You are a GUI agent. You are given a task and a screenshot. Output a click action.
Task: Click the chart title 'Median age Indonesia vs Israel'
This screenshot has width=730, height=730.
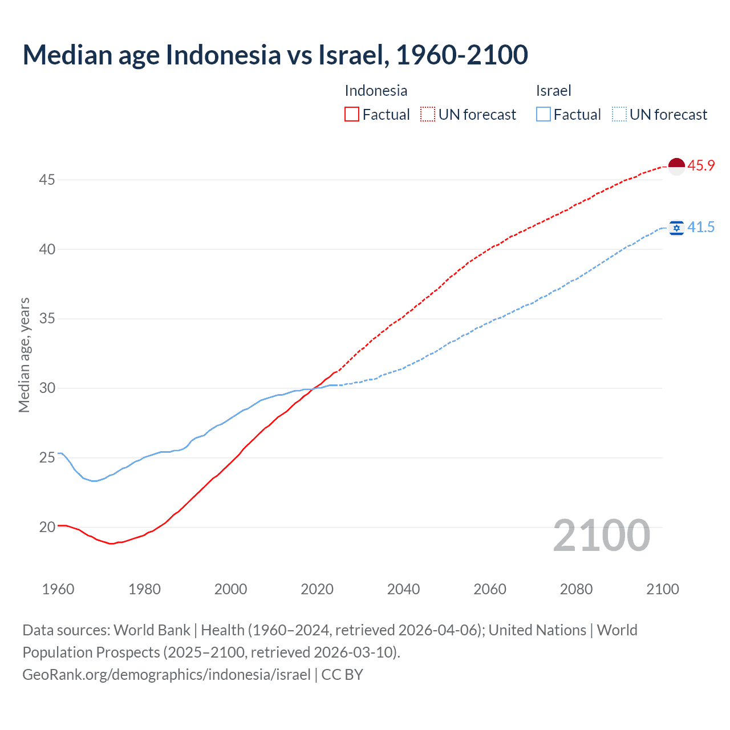275,55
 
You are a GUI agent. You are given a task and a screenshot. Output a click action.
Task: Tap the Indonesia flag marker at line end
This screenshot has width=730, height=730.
676,166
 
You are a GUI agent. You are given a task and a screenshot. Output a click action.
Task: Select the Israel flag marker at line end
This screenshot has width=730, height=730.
676,228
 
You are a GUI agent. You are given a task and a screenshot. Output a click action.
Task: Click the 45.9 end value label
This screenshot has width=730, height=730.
701,166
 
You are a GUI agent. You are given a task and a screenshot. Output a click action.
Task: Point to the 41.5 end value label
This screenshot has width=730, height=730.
701,228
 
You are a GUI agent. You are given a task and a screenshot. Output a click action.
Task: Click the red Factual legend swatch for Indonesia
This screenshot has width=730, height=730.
352,115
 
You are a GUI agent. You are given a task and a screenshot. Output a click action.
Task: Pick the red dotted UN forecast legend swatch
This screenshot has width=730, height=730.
428,115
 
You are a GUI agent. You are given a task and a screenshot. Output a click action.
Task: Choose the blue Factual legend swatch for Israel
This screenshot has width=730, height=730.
544,115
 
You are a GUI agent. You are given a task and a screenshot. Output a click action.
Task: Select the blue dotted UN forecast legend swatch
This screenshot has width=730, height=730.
619,115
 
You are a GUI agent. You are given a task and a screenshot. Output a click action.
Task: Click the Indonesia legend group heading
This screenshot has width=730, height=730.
376,91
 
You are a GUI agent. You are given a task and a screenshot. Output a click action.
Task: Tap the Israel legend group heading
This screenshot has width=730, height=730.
553,91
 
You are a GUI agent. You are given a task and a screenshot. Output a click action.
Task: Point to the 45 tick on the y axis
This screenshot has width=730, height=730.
47,180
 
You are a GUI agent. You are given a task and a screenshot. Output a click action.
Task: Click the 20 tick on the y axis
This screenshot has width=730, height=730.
47,527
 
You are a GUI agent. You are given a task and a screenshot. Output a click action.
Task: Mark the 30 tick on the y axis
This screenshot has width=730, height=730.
47,388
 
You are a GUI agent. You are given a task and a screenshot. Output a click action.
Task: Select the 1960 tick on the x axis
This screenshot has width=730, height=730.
58,589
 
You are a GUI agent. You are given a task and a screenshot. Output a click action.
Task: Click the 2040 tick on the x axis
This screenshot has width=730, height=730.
403,589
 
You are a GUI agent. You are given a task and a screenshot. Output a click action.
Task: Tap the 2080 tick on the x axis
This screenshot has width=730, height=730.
576,589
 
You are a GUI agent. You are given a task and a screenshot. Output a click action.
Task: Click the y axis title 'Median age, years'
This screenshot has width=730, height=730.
24,355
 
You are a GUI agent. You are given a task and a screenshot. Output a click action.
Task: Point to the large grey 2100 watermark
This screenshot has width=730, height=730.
601,536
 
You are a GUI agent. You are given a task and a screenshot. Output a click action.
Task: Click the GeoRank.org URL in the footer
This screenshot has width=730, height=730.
167,675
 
